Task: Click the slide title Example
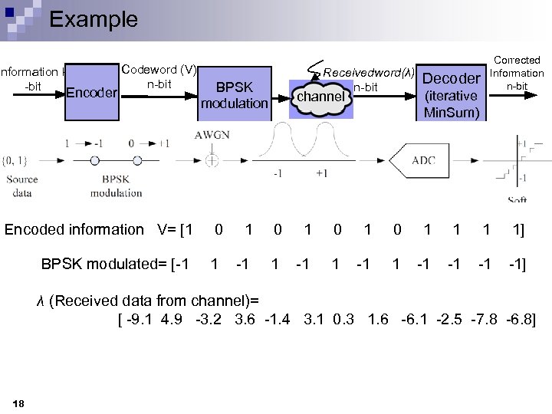tap(93, 19)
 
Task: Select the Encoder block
tap(91, 94)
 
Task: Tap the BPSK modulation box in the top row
tap(234, 95)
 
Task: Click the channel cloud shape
tap(320, 97)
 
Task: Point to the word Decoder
tap(451, 78)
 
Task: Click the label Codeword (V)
tap(159, 71)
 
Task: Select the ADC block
tap(423, 161)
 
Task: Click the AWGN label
tap(212, 135)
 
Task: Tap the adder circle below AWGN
tap(211, 160)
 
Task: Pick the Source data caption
tap(22, 186)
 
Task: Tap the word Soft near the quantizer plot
tap(517, 200)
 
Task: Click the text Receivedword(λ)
tap(369, 73)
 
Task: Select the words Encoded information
tap(74, 229)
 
